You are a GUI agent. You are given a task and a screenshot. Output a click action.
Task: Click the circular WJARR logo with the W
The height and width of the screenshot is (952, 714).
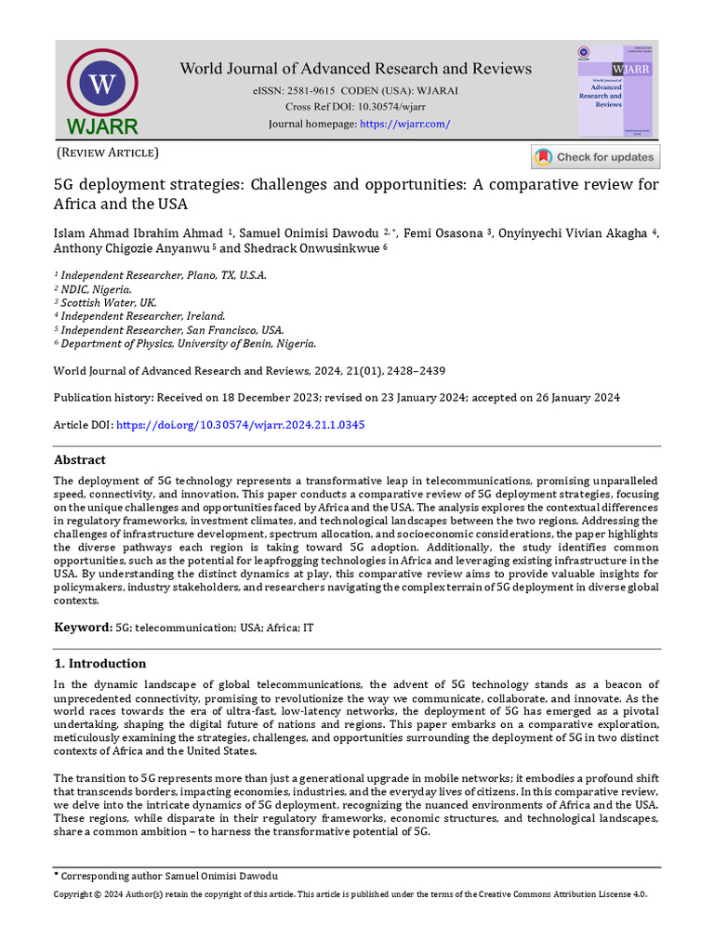click(x=102, y=85)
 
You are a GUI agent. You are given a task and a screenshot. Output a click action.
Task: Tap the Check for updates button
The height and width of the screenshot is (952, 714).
click(x=595, y=157)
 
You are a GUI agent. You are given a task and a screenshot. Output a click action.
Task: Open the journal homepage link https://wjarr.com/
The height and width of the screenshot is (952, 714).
click(x=404, y=124)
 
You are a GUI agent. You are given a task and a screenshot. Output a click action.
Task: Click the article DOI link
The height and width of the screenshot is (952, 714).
click(x=239, y=424)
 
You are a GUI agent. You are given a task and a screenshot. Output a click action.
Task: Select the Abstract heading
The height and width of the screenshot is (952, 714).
click(x=80, y=460)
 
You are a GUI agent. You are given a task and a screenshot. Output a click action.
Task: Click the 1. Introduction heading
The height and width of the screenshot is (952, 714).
click(x=99, y=664)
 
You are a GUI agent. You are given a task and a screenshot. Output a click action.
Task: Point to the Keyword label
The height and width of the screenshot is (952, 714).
click(x=82, y=628)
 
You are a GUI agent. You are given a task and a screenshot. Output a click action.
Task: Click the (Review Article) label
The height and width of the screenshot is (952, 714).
click(x=108, y=152)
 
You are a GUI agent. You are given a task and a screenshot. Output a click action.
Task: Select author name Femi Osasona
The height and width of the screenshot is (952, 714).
click(x=433, y=231)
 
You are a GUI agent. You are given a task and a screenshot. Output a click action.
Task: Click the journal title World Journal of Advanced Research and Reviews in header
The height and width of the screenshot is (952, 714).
click(x=355, y=69)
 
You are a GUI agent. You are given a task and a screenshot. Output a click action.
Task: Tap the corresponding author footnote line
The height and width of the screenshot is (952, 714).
click(x=168, y=876)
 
